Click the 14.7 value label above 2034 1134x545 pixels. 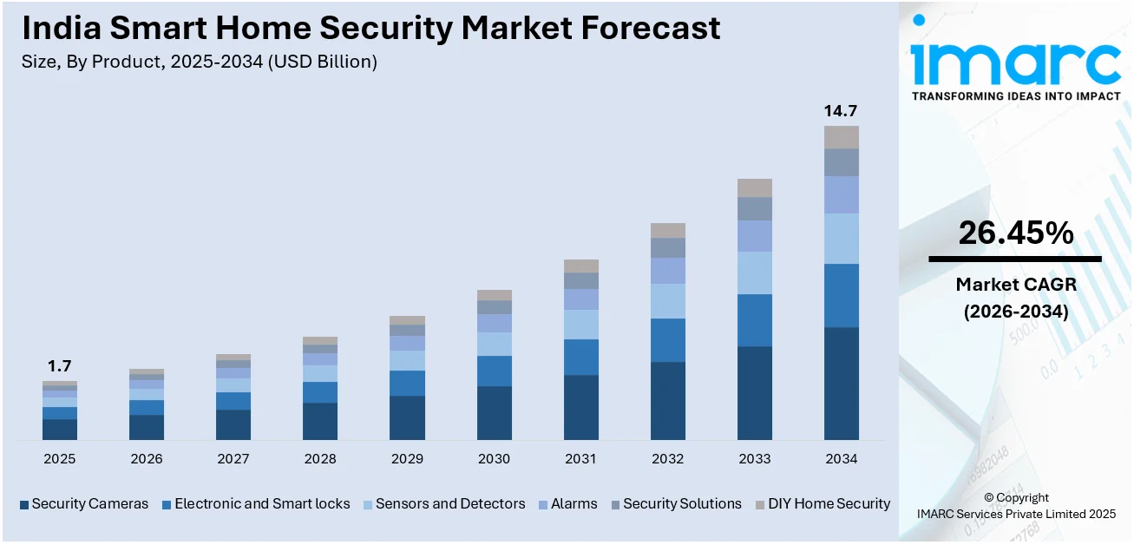(x=841, y=111)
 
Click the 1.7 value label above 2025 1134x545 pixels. (x=60, y=366)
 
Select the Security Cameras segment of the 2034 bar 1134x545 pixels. (x=841, y=383)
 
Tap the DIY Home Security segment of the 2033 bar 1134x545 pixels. (x=754, y=187)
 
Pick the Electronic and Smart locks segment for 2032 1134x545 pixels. (x=667, y=340)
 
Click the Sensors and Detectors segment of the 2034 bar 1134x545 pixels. (x=841, y=239)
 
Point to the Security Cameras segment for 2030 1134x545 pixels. (x=494, y=413)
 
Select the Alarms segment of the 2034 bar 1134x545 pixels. (x=841, y=194)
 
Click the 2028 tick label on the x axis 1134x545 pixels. (x=320, y=459)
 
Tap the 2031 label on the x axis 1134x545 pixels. (x=580, y=459)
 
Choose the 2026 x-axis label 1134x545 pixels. (x=147, y=459)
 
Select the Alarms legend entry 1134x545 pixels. (x=574, y=503)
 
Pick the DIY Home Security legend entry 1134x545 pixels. (x=829, y=503)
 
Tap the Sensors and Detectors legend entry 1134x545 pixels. (x=449, y=503)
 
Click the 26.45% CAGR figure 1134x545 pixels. (x=1015, y=233)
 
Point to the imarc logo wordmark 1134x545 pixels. (x=1015, y=62)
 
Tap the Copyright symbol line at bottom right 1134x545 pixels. (x=1016, y=497)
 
